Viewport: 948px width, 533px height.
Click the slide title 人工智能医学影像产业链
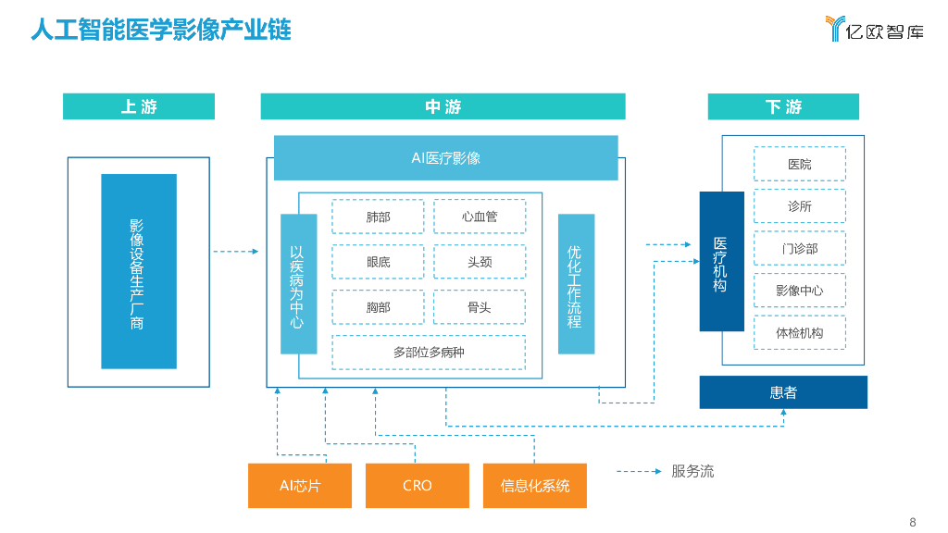pyautogui.click(x=161, y=31)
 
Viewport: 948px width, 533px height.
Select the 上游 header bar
pyautogui.click(x=139, y=106)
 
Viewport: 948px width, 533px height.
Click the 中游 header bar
pyautogui.click(x=443, y=106)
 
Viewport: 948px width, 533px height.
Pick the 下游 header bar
pyautogui.click(x=783, y=106)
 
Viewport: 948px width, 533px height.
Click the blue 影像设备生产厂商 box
pyautogui.click(x=138, y=272)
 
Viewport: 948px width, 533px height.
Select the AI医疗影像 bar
pyautogui.click(x=445, y=158)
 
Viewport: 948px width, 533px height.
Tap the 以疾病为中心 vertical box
pyautogui.click(x=298, y=284)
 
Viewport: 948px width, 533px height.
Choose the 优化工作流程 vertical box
pyautogui.click(x=576, y=284)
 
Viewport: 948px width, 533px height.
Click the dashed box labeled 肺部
pyautogui.click(x=378, y=217)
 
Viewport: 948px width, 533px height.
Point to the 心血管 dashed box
pyautogui.click(x=480, y=217)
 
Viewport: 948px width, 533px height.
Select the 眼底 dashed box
pyautogui.click(x=378, y=262)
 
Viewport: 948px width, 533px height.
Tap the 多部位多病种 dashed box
pyautogui.click(x=428, y=353)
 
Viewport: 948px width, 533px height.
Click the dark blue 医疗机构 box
pyautogui.click(x=721, y=262)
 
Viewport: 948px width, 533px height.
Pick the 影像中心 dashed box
pyautogui.click(x=799, y=291)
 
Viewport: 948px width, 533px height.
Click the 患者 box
pyautogui.click(x=783, y=392)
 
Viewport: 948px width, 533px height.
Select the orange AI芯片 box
pyautogui.click(x=300, y=486)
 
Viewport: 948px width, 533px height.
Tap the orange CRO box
pyautogui.click(x=418, y=486)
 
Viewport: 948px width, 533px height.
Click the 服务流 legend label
pyautogui.click(x=692, y=471)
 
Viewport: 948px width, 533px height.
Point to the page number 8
pyautogui.click(x=912, y=521)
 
